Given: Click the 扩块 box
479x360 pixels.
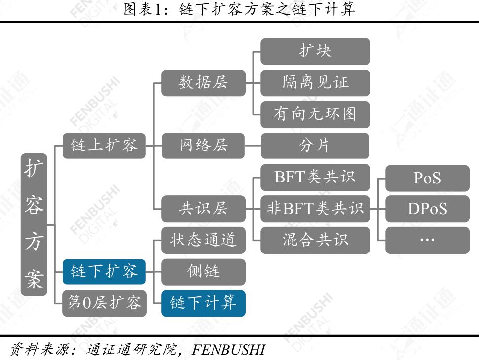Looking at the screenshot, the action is tap(315, 51).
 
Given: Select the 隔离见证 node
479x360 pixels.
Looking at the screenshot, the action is tap(315, 83).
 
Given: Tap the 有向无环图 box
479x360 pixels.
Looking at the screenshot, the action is tap(315, 114).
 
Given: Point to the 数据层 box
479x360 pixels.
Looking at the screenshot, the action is tap(203, 83).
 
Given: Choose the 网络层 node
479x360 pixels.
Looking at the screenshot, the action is tap(203, 145).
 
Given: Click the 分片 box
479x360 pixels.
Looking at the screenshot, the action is tap(315, 145).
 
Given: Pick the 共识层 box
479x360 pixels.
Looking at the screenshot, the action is tap(203, 209).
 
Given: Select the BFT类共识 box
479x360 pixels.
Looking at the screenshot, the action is tap(315, 178).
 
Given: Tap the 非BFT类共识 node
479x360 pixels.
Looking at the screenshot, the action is tap(315, 209).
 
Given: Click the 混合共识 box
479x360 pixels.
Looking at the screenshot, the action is tap(315, 240).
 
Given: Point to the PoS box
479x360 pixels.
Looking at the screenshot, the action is tap(427, 178).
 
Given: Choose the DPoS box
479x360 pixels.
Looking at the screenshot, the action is tap(427, 209).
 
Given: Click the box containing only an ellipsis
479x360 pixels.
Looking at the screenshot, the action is tap(427, 240).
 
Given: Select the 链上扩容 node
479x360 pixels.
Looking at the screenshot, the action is tap(104, 145).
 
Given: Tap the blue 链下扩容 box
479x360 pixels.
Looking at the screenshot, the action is tap(104, 271).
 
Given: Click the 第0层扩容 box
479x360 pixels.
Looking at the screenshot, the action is tap(104, 303).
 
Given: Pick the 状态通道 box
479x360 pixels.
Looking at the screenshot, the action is tap(203, 240).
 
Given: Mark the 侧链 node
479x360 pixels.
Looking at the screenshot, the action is tap(203, 272).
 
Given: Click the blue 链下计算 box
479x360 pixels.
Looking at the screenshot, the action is tap(203, 303).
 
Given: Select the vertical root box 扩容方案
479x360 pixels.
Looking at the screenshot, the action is tap(34, 224).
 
